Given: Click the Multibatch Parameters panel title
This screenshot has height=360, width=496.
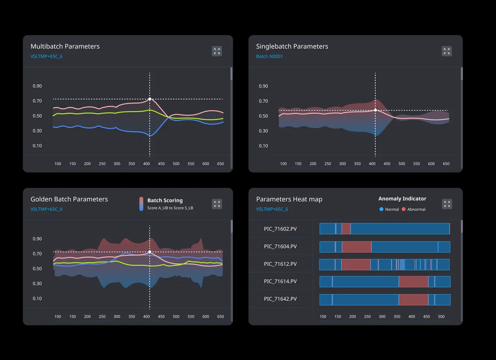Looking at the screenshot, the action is pos(65,46).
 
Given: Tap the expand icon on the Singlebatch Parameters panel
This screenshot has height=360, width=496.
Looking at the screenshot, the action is pos(447,51).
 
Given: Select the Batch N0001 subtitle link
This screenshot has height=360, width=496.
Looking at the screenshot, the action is pos(269,56).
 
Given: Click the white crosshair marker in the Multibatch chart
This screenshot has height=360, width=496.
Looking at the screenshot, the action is pos(150,99).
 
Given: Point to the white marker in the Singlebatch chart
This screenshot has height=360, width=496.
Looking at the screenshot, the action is pos(375,110).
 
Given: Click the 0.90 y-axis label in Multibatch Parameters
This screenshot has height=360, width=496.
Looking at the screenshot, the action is pos(37,86).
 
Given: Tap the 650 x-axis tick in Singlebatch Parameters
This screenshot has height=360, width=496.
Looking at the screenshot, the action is pos(446,164).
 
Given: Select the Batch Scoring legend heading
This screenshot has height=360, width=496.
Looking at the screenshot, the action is pos(165,201).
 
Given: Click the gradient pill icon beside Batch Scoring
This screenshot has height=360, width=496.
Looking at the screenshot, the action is pos(141,204).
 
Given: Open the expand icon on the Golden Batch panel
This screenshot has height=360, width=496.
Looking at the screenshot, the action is pos(217,204).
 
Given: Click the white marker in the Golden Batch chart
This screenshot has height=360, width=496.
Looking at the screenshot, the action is pos(150,252).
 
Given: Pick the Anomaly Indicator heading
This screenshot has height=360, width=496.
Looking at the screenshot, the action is pos(402,199).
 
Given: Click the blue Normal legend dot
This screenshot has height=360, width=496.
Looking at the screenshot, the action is pos(381,209).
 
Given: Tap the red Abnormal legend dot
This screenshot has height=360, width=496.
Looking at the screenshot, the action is pos(403,209).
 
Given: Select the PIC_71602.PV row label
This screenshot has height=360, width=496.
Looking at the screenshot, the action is pos(280,229).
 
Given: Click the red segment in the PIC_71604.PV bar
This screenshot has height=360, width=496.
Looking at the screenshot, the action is pos(357,247).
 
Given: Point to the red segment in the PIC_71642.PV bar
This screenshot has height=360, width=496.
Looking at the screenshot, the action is pos(413,300).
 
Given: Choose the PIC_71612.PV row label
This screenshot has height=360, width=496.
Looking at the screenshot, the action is pos(280,264).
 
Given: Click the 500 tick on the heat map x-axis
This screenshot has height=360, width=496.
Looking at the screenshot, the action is pos(441,316).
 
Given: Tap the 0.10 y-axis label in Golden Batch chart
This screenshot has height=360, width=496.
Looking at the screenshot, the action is pos(37,298).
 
